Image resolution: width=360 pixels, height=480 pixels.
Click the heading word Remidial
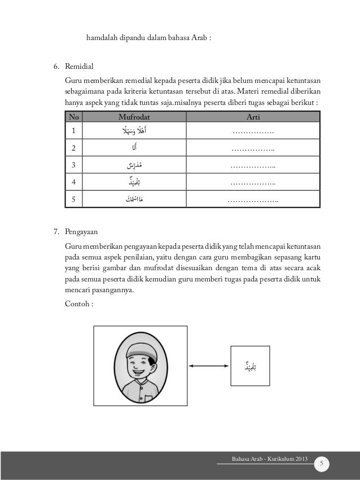pyautogui.click(x=80, y=67)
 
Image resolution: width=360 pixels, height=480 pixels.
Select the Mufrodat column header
pyautogui.click(x=134, y=117)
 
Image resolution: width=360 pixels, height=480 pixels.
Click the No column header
pyautogui.click(x=72, y=117)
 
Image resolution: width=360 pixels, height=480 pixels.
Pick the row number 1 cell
pyautogui.click(x=72, y=132)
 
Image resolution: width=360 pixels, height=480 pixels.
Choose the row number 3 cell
pyautogui.click(x=72, y=165)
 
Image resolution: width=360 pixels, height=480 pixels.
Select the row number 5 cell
pyautogui.click(x=72, y=199)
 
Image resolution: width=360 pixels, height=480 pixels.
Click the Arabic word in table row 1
pyautogui.click(x=134, y=132)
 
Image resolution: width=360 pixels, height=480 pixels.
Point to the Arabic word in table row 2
pyautogui.click(x=134, y=148)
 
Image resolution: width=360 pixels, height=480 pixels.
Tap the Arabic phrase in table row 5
pyautogui.click(x=134, y=199)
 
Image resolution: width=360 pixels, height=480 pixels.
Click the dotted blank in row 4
pyautogui.click(x=253, y=182)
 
